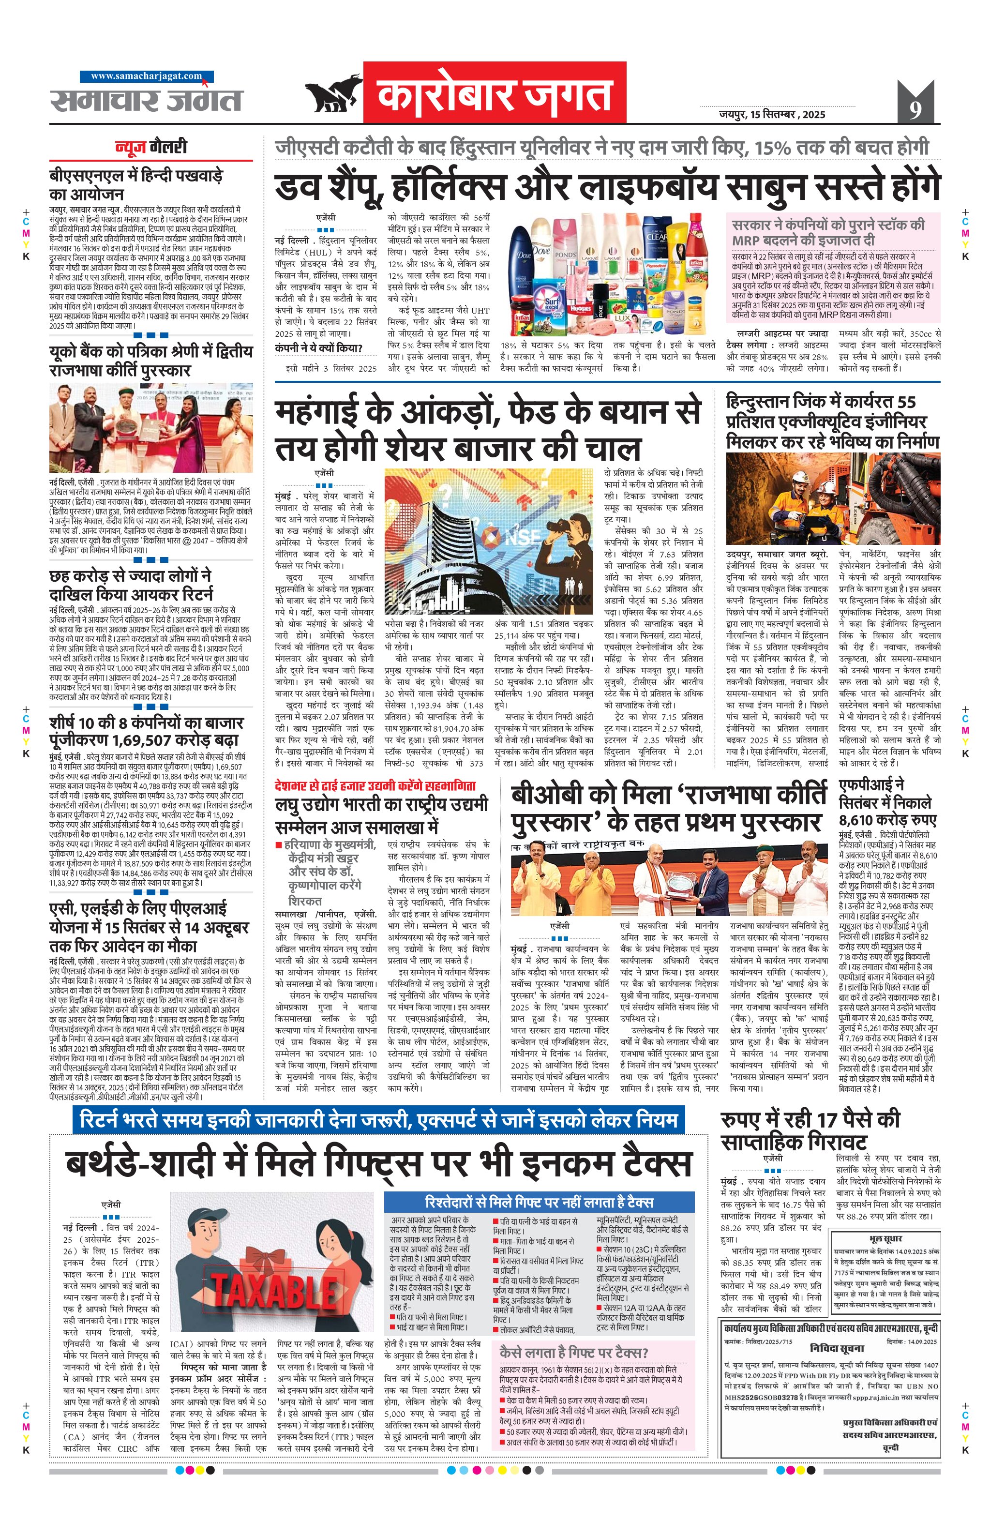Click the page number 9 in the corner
[x=915, y=109]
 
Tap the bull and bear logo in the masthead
[x=332, y=94]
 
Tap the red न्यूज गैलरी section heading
[x=151, y=147]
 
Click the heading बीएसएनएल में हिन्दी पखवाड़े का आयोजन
[x=136, y=184]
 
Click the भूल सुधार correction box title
[x=886, y=1238]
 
